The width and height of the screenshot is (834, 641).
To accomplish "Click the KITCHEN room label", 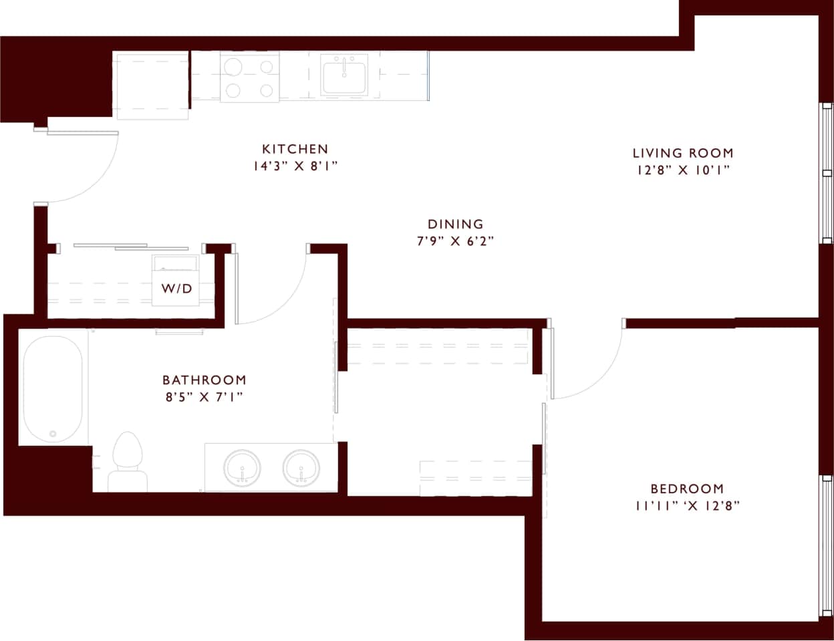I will (295, 148).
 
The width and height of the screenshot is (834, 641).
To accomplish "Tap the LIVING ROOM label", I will (682, 153).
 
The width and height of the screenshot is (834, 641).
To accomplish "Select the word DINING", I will (455, 224).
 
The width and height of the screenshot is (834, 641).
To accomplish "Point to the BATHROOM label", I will (204, 380).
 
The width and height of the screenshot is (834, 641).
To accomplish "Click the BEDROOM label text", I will (687, 489).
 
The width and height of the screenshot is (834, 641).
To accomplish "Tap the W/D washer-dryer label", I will (176, 289).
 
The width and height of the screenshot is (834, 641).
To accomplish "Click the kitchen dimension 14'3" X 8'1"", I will (295, 166).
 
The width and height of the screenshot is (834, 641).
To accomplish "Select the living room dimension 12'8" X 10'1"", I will (682, 170).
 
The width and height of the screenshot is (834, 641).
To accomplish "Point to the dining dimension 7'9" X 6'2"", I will (455, 241).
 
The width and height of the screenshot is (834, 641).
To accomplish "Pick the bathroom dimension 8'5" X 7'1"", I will (204, 397).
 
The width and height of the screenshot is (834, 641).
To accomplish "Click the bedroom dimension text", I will (687, 506).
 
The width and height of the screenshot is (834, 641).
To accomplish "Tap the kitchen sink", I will (344, 74).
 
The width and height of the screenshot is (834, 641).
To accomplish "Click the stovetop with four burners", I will (249, 77).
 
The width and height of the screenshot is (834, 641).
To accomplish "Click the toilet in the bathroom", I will (128, 461).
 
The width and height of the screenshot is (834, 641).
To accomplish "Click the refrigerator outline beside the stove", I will (151, 84).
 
